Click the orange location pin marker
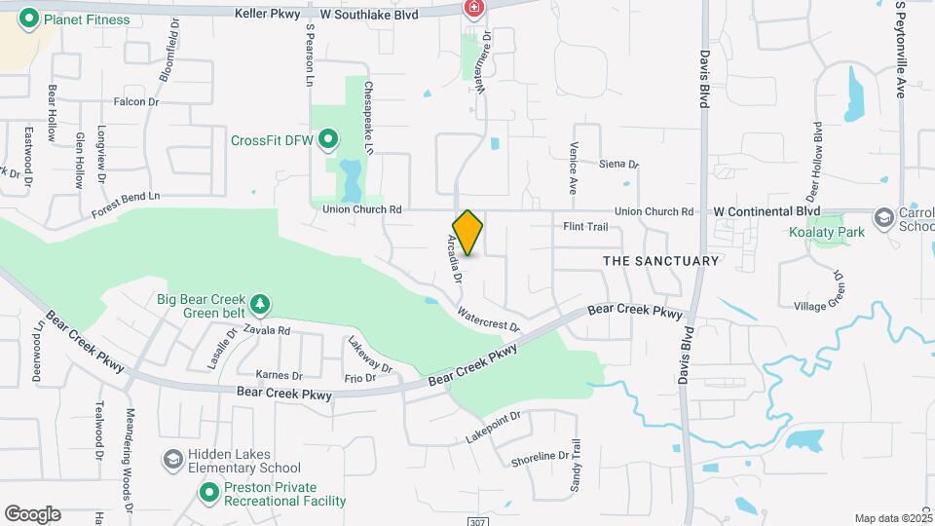pos(467,232)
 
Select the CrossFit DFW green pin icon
pos(328,140)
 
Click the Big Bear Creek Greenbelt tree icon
pos(260,305)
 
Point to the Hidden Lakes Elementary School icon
pos(172,459)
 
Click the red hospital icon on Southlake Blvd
pos(473,9)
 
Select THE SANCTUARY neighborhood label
pos(660,261)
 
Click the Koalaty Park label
pos(827,233)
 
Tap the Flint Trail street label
pos(585,228)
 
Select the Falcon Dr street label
pos(135,102)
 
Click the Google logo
pos(32,514)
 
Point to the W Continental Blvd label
pos(767,211)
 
